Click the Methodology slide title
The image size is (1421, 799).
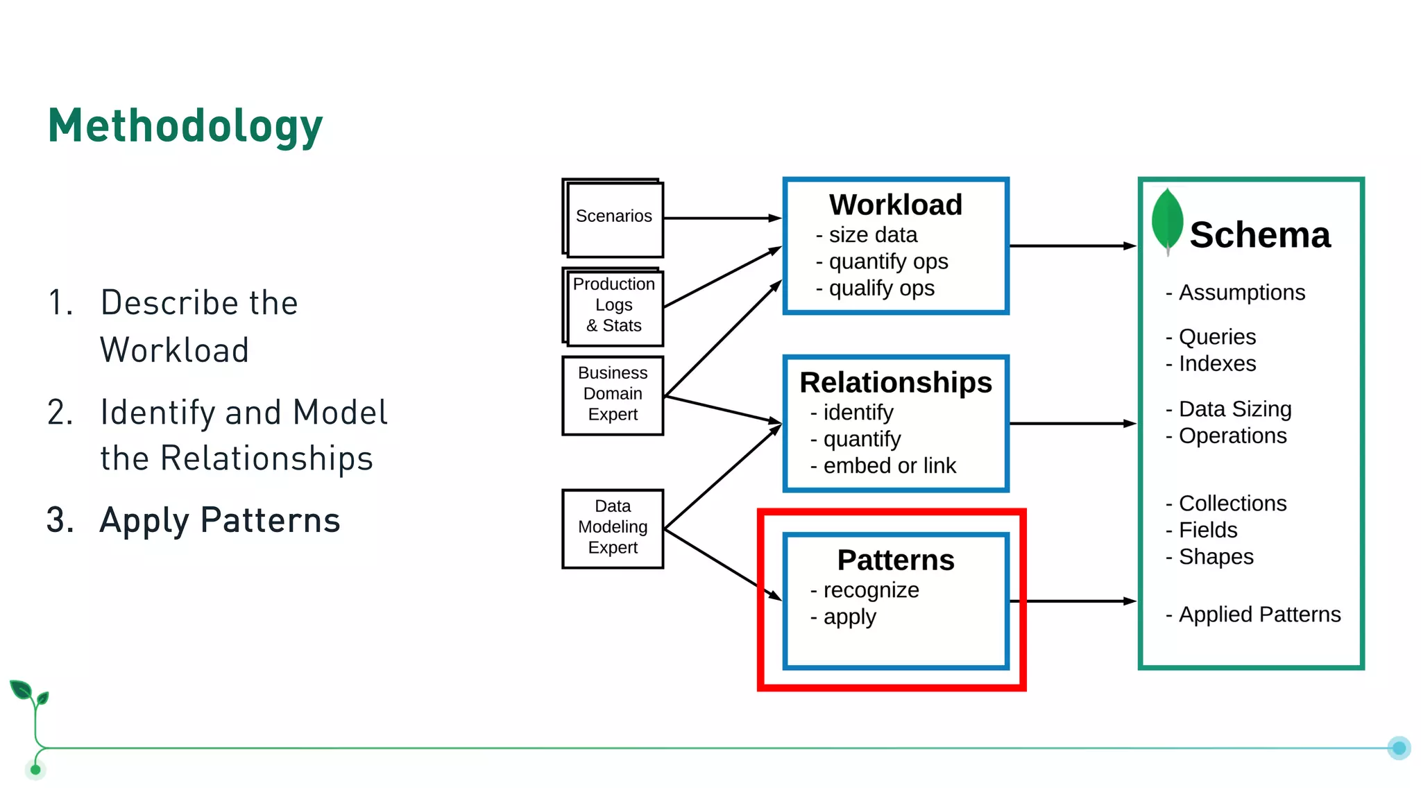pos(185,126)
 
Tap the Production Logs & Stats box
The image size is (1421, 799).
pos(613,305)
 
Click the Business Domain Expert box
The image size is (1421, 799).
pos(613,394)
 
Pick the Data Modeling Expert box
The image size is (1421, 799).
pos(613,527)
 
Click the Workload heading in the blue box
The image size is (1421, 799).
pos(895,205)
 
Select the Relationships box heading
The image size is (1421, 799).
pos(895,383)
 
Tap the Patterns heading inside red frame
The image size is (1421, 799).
pos(895,560)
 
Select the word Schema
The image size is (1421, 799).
pos(1259,235)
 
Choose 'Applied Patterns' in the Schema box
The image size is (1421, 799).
pos(1259,615)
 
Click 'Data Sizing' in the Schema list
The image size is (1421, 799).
pos(1234,409)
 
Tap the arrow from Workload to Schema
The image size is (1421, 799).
pos(1072,246)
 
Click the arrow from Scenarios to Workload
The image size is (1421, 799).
pos(722,218)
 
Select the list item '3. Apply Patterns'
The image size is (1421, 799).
pos(194,520)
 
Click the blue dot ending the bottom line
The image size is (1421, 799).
pos(1399,748)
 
